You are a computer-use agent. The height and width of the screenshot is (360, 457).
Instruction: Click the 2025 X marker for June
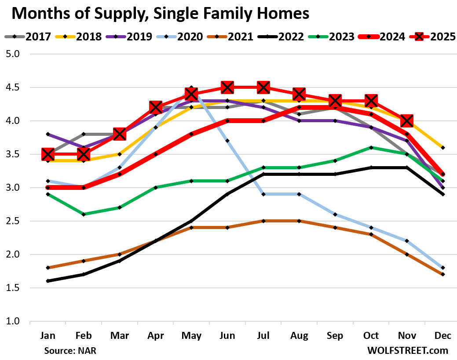click(227, 87)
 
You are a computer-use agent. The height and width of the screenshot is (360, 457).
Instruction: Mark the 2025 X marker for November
click(407, 120)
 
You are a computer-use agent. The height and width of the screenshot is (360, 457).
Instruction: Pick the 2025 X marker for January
click(48, 154)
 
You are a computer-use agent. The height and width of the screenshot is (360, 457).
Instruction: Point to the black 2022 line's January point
click(48, 281)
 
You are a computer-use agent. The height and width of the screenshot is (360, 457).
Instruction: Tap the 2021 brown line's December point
click(443, 274)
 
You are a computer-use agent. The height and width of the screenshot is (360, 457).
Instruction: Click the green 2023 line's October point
click(371, 147)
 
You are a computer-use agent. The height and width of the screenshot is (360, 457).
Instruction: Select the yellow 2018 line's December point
click(443, 147)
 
